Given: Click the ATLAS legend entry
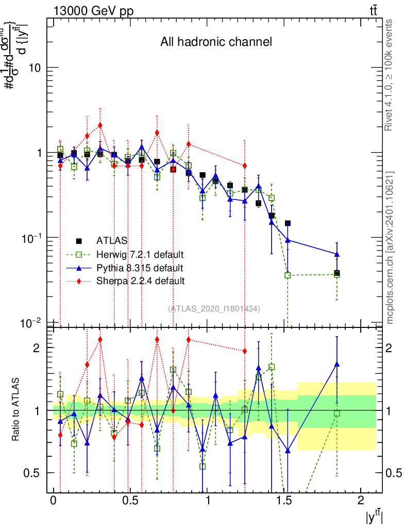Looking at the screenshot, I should click(112, 241).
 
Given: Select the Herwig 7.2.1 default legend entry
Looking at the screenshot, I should click(140, 255).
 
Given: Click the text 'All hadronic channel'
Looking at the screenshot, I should click(216, 42).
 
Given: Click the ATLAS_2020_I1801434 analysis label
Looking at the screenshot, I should click(214, 308).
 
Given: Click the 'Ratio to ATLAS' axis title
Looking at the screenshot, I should click(16, 410).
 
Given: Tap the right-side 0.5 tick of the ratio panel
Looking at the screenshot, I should click(395, 473).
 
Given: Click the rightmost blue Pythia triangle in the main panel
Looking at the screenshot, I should click(337, 254).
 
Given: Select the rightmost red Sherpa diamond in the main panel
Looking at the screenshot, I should click(245, 165).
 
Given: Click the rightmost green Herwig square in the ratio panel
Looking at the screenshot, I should click(337, 413).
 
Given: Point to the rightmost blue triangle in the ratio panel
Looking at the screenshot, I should click(337, 364).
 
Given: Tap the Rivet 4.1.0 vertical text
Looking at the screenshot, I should click(390, 75).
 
